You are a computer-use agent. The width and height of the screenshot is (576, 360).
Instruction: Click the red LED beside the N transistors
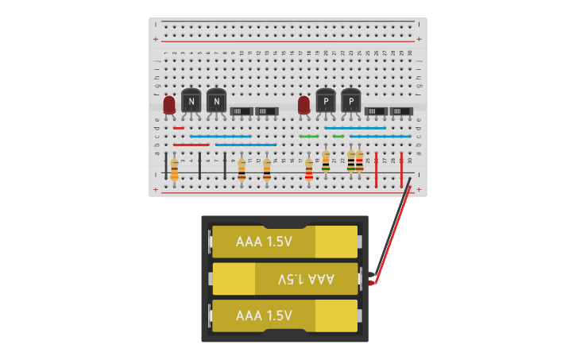tap(168, 105)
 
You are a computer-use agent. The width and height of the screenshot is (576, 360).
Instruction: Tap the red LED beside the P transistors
tap(303, 105)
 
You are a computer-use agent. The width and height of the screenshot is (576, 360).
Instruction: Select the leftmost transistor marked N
tap(191, 101)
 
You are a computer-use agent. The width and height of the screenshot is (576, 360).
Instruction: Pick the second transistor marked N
tap(216, 101)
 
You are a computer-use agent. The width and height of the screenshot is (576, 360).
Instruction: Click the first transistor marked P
tap(326, 101)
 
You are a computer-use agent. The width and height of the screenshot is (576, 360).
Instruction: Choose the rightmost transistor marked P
tap(350, 101)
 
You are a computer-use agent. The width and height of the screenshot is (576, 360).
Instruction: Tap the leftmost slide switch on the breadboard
tap(242, 111)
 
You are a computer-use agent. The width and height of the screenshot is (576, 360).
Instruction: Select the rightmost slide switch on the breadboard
tap(401, 111)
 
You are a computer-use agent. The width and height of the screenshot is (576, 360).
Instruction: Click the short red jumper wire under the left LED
tap(179, 127)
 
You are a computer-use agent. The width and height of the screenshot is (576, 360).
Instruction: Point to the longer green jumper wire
tap(309, 136)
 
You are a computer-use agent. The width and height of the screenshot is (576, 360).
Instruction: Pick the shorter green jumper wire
tap(338, 136)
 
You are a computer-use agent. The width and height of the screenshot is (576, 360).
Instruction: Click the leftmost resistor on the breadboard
tap(175, 168)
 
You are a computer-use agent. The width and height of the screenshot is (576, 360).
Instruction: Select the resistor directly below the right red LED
tap(309, 169)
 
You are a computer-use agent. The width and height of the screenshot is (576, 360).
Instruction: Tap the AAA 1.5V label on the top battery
tap(265, 242)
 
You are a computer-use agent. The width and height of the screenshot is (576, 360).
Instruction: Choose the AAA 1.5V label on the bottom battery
tap(265, 315)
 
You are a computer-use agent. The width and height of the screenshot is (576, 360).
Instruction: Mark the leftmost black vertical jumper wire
tap(166, 165)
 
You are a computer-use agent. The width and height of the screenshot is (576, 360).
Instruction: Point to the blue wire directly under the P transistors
tap(355, 127)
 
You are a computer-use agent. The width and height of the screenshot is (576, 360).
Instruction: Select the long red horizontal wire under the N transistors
tap(191, 145)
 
